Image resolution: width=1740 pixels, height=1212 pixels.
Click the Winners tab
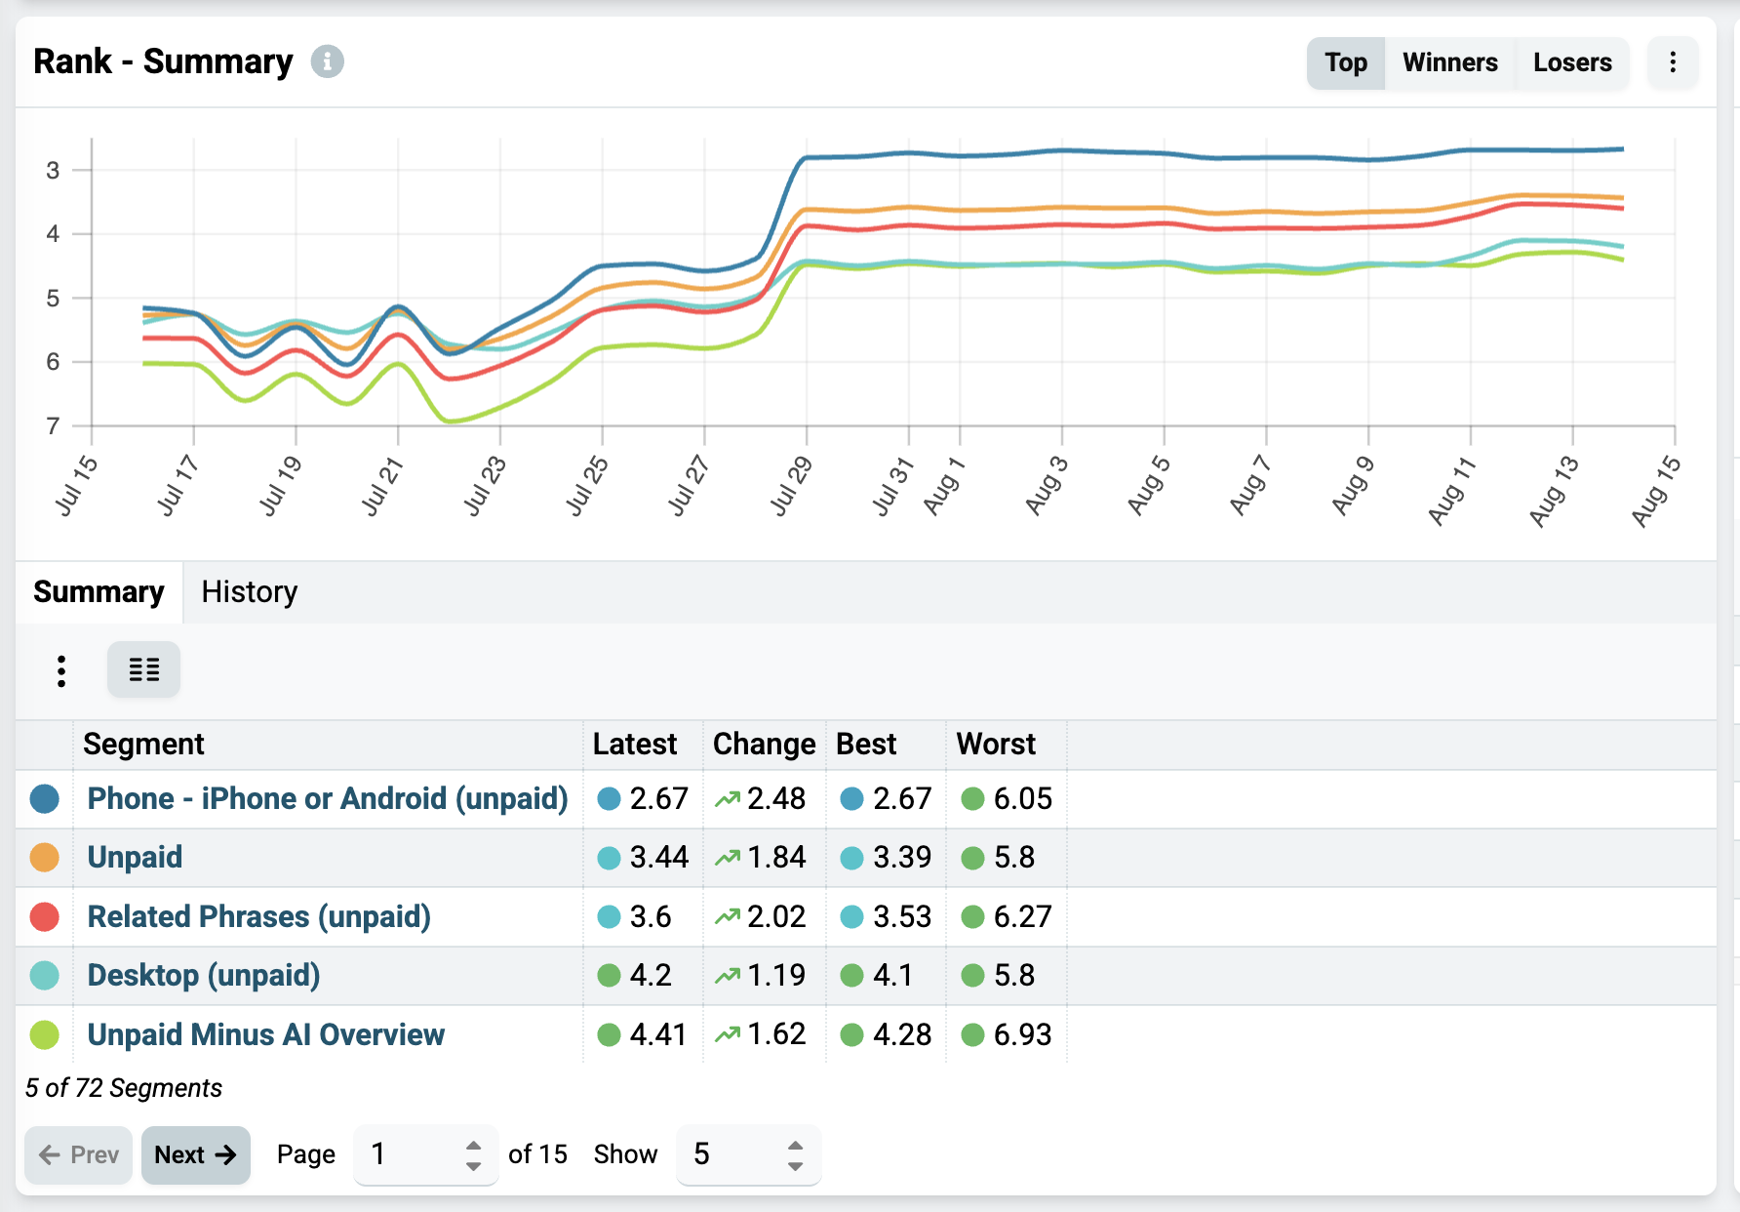1449,62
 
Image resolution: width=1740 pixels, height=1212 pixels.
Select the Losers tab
1572,62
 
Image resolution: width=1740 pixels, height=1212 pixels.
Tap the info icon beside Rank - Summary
328,61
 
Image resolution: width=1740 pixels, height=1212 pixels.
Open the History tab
249,591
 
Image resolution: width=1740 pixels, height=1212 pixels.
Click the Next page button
196,1154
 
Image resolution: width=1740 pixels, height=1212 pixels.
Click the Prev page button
78,1154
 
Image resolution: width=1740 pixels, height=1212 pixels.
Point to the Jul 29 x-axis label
791,485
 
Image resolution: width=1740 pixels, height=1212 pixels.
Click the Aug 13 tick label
1554,490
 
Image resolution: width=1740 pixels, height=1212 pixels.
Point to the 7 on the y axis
53,425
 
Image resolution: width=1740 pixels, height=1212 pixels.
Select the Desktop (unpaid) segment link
204,975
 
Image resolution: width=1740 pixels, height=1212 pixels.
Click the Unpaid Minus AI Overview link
265,1034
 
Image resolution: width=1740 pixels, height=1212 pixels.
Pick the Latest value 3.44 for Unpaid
658,857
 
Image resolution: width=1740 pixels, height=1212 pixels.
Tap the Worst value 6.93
1022,1034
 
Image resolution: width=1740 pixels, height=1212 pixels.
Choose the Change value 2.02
776,916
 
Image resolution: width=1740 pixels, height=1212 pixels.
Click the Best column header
866,744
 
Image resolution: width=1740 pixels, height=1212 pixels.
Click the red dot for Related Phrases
45,916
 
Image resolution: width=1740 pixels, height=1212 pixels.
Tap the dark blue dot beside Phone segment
45,798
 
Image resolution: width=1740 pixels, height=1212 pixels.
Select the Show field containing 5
748,1154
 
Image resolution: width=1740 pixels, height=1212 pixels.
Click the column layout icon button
143,669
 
